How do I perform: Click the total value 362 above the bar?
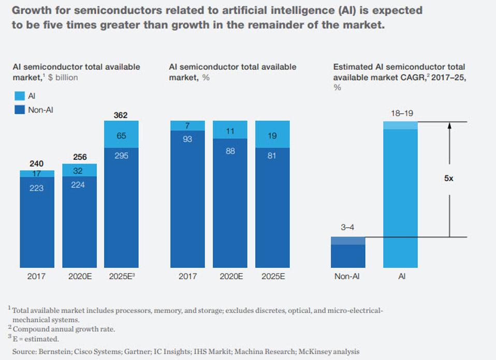coord(121,115)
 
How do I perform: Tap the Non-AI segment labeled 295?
coord(121,156)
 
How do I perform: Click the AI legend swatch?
coord(19,96)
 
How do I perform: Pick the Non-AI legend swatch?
coord(19,109)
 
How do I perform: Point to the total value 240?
coord(37,163)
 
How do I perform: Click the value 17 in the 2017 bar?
coord(37,173)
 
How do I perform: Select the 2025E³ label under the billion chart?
coord(122,276)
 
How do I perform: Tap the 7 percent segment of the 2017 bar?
coord(187,126)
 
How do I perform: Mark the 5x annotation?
coord(449,178)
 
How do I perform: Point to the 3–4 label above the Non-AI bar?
coord(348,227)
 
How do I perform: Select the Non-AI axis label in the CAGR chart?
coord(348,276)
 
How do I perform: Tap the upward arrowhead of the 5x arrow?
coord(449,125)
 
